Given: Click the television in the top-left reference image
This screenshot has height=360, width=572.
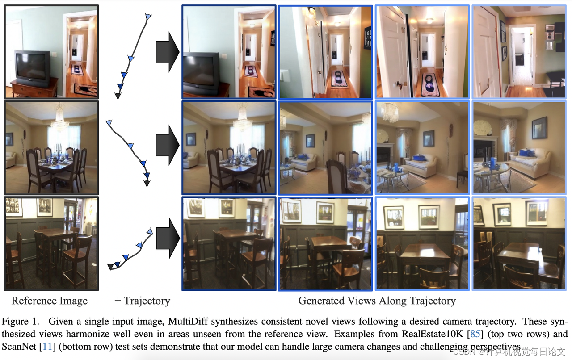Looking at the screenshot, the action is [32, 68].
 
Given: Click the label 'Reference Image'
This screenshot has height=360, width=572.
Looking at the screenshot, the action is [50, 301].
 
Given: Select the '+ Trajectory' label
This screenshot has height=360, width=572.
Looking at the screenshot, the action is [143, 301].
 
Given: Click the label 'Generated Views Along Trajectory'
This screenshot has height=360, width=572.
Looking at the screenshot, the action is [377, 301].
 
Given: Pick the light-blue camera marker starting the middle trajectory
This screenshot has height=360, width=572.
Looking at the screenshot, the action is [109, 122].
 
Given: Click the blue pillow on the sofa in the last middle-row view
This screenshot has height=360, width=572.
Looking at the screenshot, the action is [526, 153].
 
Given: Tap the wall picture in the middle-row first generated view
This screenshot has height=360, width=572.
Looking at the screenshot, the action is [191, 139].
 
